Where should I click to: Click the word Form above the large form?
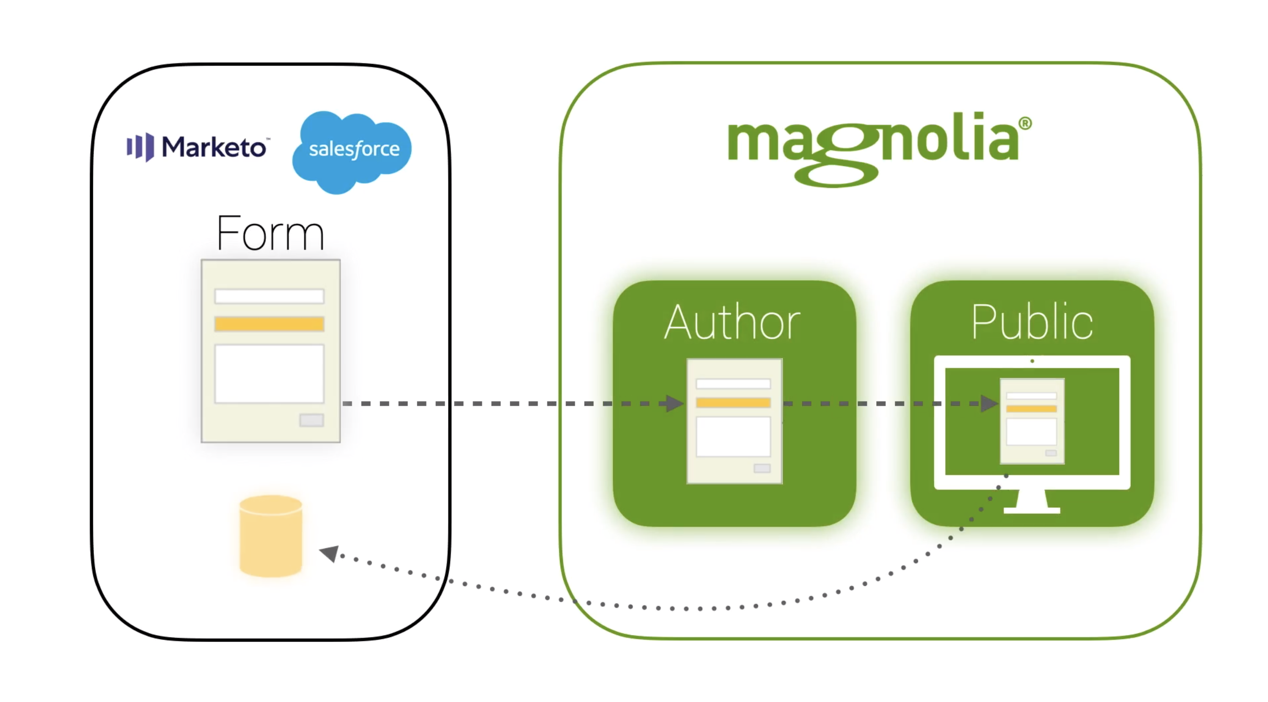(x=270, y=233)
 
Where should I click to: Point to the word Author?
(x=732, y=323)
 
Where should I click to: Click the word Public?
(x=1032, y=323)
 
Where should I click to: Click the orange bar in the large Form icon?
(x=269, y=323)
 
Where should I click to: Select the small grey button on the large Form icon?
(x=311, y=420)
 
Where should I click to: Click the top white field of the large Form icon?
(x=269, y=296)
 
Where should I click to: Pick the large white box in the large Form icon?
(x=269, y=374)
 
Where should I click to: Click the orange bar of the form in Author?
(x=733, y=402)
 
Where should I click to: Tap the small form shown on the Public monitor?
(x=1032, y=421)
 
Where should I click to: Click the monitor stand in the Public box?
(x=1032, y=502)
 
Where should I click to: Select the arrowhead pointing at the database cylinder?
(x=330, y=553)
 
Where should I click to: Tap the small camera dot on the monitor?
(x=1032, y=361)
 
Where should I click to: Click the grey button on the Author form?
(x=762, y=468)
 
